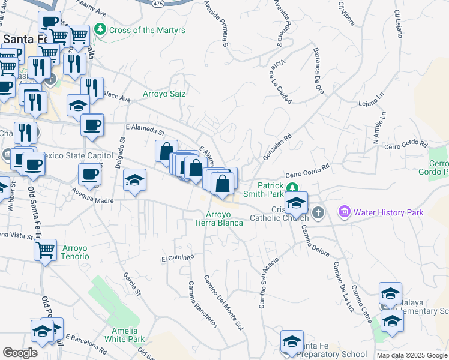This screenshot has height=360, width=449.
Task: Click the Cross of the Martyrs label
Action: click(x=147, y=30)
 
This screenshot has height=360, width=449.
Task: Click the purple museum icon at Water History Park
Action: click(x=345, y=212)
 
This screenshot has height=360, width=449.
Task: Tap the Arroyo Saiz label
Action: click(x=164, y=94)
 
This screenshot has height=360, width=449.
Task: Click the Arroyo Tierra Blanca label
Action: click(x=218, y=218)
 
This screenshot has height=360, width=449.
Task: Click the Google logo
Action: click(x=20, y=353)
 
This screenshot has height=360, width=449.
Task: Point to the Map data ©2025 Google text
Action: click(x=412, y=355)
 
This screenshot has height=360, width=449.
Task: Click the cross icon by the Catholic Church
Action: click(x=318, y=212)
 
